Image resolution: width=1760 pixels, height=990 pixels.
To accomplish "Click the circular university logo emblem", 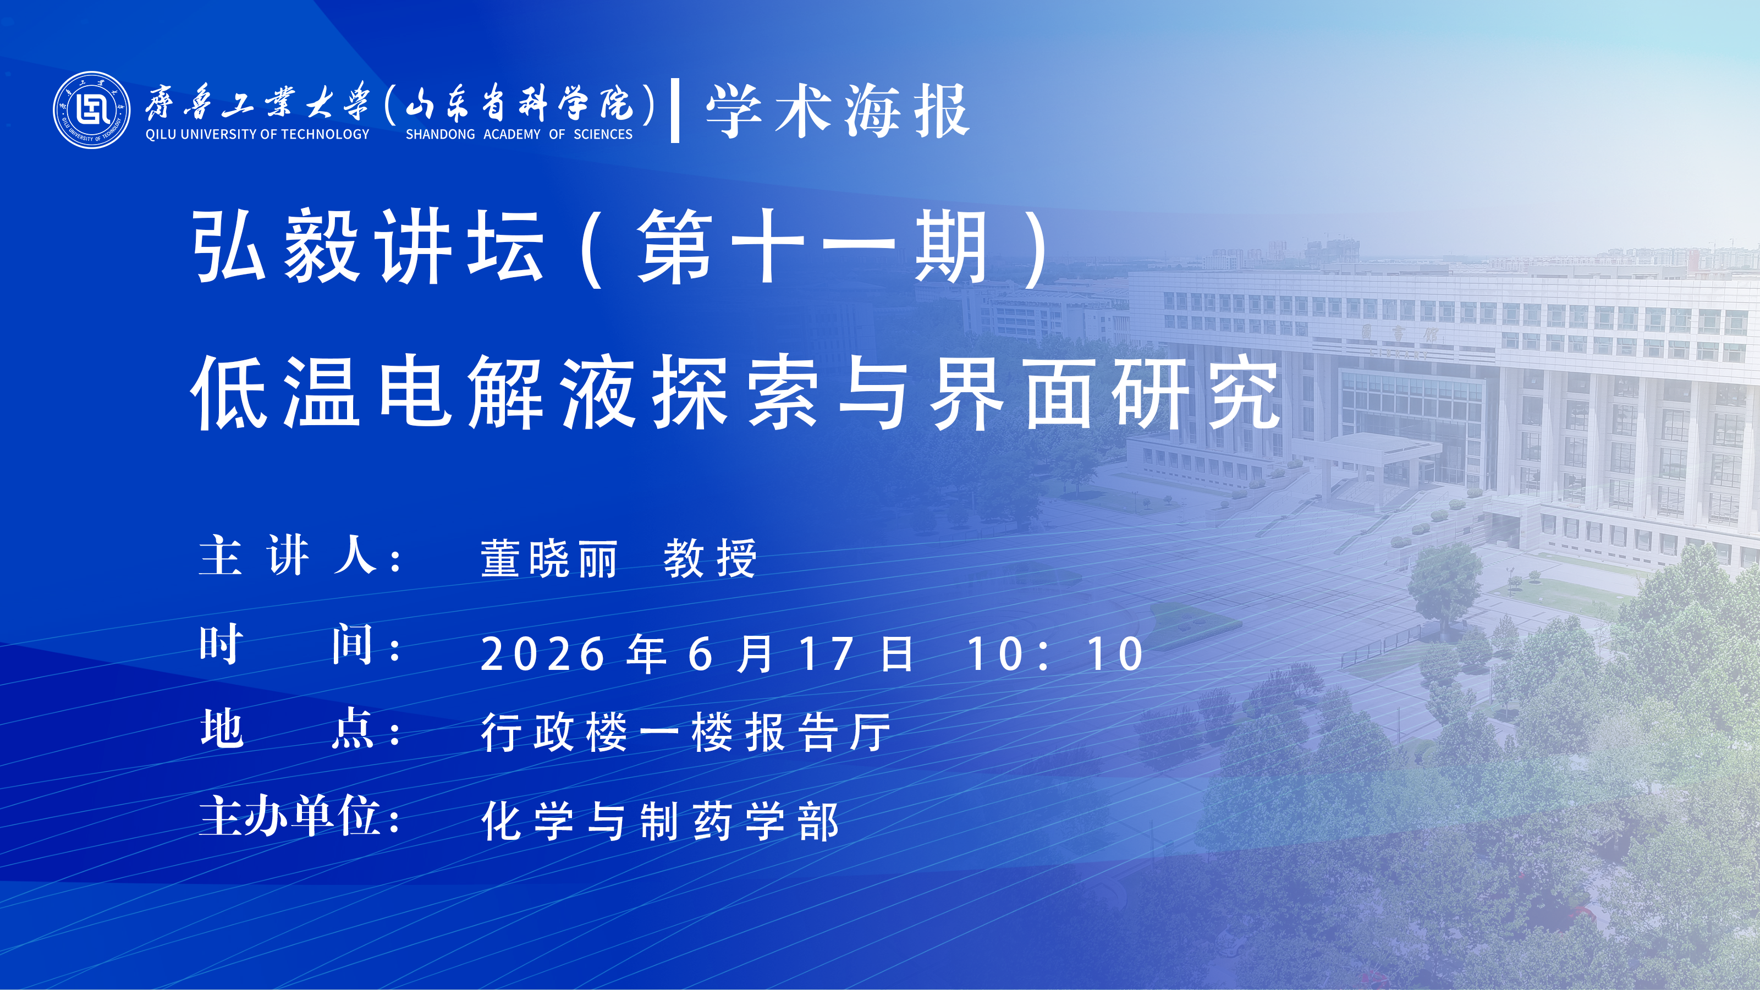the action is [x=91, y=110].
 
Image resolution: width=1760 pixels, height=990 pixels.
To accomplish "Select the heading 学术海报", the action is [x=838, y=111].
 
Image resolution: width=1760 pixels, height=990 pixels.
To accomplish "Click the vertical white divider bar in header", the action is [x=675, y=111].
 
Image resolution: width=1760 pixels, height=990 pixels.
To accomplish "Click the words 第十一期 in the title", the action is [x=812, y=246].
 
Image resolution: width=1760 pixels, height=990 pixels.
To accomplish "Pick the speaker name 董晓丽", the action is [x=549, y=558].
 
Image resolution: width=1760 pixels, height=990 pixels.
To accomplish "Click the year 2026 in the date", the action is [x=542, y=654].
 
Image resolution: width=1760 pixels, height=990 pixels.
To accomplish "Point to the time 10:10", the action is [x=1055, y=654].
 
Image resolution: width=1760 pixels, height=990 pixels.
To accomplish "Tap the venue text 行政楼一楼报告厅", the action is [x=686, y=733].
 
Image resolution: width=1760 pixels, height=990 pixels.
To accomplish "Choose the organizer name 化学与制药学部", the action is [x=660, y=821].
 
